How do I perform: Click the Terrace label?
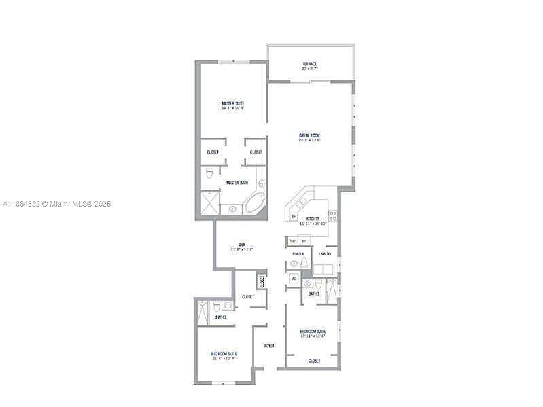(x=310, y=64)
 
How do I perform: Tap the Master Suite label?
(x=232, y=103)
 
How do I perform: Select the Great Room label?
(x=309, y=135)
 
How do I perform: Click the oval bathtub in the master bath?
(x=254, y=202)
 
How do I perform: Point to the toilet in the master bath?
(x=210, y=174)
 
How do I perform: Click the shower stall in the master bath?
(x=210, y=202)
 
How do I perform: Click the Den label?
(x=242, y=245)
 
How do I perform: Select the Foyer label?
(x=269, y=345)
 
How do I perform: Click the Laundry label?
(x=325, y=254)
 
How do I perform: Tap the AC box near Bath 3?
(x=294, y=279)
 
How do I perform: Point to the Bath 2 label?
(x=220, y=317)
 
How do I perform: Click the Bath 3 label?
(x=313, y=294)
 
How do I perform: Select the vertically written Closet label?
(x=261, y=280)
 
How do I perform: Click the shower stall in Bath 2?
(x=203, y=311)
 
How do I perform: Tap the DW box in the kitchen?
(x=294, y=217)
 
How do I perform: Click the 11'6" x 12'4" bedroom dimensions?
(x=224, y=358)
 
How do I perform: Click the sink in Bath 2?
(x=227, y=306)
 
